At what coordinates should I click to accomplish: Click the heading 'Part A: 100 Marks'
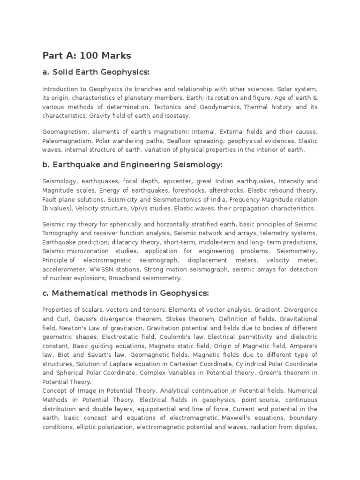[x=87, y=56]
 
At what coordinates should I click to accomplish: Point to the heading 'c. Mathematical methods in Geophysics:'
[x=125, y=293]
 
